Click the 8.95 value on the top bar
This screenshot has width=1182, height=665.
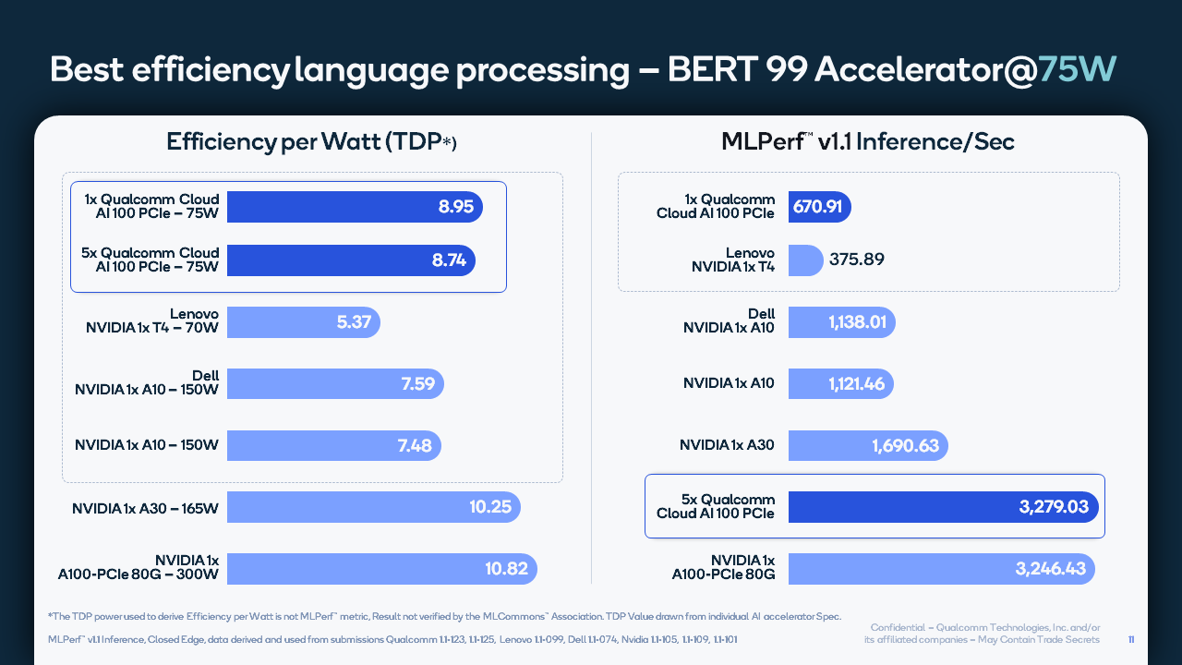pos(455,207)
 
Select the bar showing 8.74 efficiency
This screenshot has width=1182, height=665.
pos(351,260)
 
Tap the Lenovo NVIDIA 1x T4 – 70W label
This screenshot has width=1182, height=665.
pos(152,321)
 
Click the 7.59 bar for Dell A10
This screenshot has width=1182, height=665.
pos(334,383)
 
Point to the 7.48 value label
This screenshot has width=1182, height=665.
pos(415,446)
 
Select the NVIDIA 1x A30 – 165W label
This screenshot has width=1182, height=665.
pos(145,508)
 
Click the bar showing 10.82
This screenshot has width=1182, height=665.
pos(381,569)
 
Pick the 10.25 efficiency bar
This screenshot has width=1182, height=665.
pos(373,508)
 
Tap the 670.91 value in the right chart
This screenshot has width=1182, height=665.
pos(817,207)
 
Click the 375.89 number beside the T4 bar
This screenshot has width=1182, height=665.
pos(856,260)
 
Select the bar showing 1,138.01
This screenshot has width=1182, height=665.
pos(841,322)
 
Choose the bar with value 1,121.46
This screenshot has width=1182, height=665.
pos(840,383)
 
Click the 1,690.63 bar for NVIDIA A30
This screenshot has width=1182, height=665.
pos(867,446)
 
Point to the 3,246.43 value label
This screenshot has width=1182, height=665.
pos(1050,569)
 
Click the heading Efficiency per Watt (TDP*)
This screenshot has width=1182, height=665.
pos(311,142)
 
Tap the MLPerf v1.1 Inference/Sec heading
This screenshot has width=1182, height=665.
pos(867,142)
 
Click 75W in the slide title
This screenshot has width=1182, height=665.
pos(1078,70)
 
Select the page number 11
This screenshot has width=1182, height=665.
pos(1132,639)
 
